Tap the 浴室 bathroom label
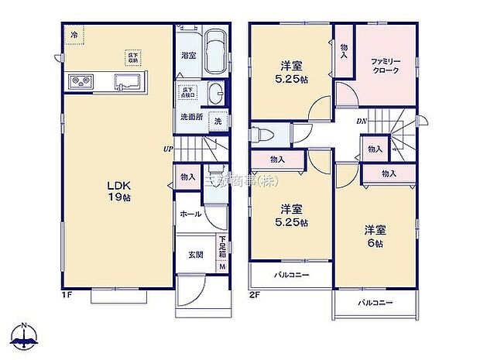(188, 56)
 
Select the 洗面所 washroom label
(190, 117)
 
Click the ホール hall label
(190, 214)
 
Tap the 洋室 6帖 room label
(375, 236)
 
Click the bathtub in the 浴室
(216, 52)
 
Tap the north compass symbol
(26, 336)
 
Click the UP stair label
(167, 149)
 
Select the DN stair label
(361, 121)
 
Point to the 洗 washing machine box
(218, 121)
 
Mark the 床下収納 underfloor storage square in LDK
(133, 57)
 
